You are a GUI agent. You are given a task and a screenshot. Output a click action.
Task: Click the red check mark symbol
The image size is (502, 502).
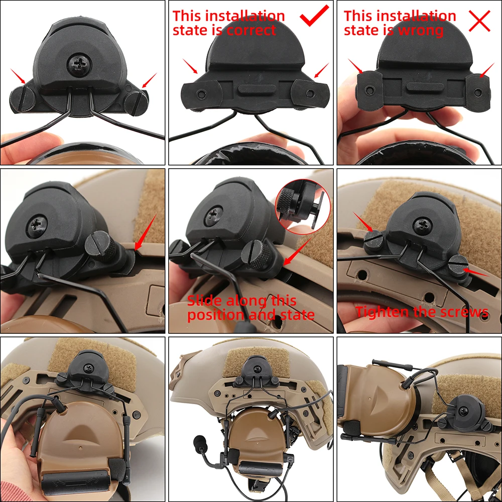314,17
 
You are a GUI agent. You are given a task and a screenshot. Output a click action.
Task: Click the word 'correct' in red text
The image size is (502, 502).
251,31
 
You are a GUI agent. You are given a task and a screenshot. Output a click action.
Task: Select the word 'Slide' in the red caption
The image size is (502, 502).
205,301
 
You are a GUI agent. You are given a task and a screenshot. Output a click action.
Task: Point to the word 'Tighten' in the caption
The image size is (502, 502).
383,312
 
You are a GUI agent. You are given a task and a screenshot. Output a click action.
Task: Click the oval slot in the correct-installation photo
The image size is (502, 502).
250,89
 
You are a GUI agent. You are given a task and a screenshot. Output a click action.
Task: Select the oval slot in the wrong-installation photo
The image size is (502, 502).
420,86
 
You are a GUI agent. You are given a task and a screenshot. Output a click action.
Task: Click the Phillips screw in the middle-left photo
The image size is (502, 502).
39,221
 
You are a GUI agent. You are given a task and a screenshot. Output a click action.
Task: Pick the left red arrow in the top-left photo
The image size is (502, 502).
19,76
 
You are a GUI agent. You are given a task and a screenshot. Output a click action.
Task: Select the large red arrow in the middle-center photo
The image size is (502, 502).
295,251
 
